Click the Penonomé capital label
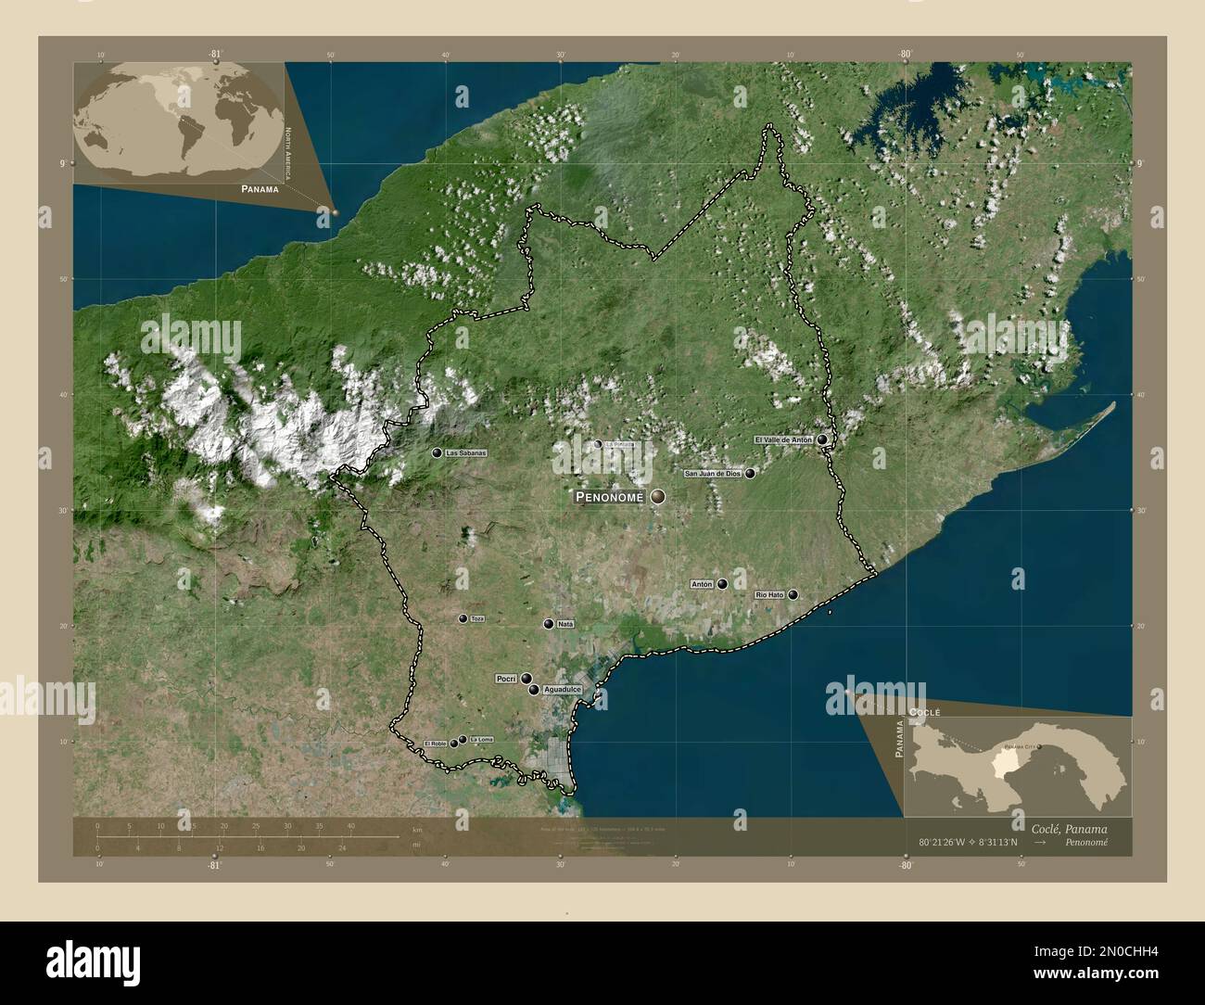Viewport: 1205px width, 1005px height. [611, 498]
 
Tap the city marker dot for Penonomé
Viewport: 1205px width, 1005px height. [658, 497]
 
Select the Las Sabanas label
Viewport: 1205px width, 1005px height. [464, 453]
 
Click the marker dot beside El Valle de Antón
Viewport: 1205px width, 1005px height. [822, 440]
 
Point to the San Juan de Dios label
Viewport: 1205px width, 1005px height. [713, 474]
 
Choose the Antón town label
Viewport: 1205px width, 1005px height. [702, 585]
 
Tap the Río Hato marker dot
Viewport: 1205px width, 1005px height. [793, 595]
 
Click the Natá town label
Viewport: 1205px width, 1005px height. [566, 625]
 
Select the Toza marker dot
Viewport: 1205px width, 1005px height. [463, 618]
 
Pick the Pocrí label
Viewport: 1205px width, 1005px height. [506, 679]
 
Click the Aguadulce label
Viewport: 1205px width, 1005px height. [562, 691]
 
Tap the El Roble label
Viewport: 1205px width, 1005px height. [436, 744]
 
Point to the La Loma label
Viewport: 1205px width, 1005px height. [482, 739]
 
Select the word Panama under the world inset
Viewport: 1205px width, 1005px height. [259, 188]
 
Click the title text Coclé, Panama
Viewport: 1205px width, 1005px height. [1068, 828]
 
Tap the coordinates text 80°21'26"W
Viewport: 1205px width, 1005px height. [943, 843]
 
